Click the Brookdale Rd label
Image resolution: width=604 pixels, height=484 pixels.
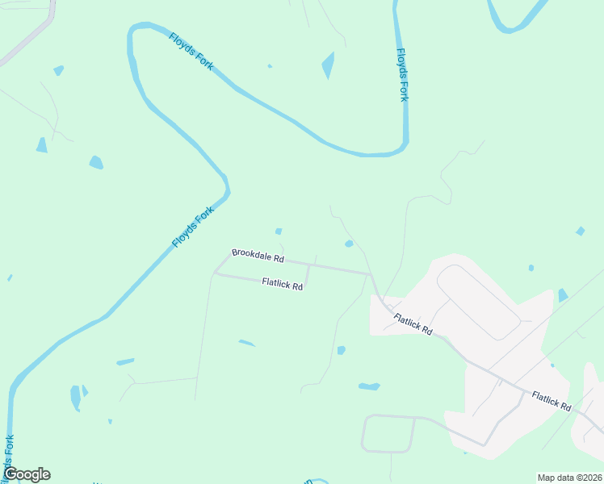(258, 256)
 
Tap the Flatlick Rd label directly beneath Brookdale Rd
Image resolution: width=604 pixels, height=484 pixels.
(282, 284)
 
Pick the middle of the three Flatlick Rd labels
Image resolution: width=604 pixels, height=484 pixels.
(413, 324)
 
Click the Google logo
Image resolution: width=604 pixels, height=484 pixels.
(27, 474)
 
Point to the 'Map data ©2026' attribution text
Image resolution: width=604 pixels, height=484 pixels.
(568, 478)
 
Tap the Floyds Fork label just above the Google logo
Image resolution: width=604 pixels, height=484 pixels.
(9, 456)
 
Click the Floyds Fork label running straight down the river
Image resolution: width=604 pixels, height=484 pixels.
(402, 75)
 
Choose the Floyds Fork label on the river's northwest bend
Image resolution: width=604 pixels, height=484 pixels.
(191, 52)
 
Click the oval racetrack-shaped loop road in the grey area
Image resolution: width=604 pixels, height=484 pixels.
(478, 302)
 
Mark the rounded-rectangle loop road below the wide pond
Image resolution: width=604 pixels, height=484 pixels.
(388, 433)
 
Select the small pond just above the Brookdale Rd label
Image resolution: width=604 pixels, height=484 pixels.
(279, 232)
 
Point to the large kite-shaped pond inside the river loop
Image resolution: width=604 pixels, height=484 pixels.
(328, 65)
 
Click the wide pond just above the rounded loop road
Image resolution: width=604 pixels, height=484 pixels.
(369, 386)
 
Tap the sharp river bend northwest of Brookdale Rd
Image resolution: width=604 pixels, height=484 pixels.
(227, 191)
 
